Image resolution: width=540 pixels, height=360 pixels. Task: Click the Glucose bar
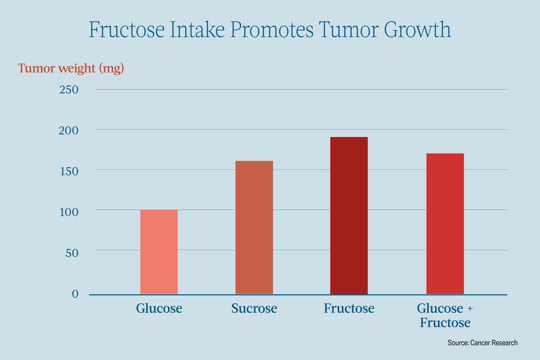click(159, 252)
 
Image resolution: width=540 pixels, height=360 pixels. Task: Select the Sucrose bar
click(254, 227)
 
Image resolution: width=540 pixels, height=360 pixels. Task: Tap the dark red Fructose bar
click(349, 216)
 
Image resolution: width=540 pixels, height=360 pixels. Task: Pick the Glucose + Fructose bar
click(445, 224)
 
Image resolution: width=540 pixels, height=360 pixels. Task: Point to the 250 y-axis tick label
click(69, 90)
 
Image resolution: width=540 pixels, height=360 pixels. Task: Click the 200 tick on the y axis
click(69, 130)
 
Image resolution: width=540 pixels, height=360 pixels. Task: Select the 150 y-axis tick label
click(69, 171)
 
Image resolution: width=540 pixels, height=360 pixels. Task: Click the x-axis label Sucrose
click(254, 309)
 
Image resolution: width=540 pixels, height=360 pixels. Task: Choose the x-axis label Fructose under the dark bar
click(349, 309)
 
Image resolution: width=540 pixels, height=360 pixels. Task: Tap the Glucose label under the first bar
click(159, 309)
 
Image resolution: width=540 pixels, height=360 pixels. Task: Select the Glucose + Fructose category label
click(445, 315)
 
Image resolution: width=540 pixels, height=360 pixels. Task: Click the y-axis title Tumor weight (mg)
click(71, 69)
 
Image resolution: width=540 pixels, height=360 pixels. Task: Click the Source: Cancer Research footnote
click(482, 343)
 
